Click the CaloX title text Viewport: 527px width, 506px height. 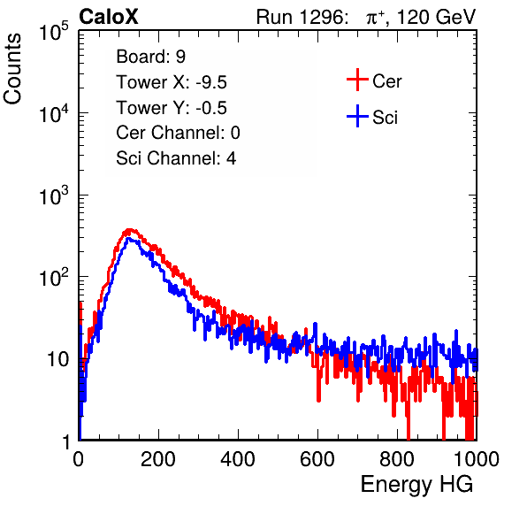pos(108,17)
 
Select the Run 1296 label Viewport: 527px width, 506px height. pos(302,17)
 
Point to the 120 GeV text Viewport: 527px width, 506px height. pos(436,17)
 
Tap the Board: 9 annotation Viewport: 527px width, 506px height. pos(150,57)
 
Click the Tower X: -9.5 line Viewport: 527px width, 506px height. pos(172,82)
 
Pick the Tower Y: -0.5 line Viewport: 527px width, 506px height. pos(172,108)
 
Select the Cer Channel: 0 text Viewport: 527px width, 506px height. pos(178,133)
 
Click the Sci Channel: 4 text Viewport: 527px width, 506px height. pos(176,158)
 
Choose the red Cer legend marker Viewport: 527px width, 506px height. pos(357,80)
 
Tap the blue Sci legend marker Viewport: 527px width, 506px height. pos(357,117)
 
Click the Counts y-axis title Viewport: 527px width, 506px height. pos(12,69)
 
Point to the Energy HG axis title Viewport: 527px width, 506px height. pos(416,485)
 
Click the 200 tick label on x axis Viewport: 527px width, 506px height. pos(158,459)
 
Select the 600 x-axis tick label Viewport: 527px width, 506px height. pos(317,459)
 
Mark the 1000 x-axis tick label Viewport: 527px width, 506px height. pos(477,459)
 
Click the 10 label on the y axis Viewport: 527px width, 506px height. pos(58,359)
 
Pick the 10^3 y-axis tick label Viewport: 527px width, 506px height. pos(54,195)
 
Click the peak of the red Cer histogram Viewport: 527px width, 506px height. pos(128,230)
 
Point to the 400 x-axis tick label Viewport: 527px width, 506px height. pos(238,459)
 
